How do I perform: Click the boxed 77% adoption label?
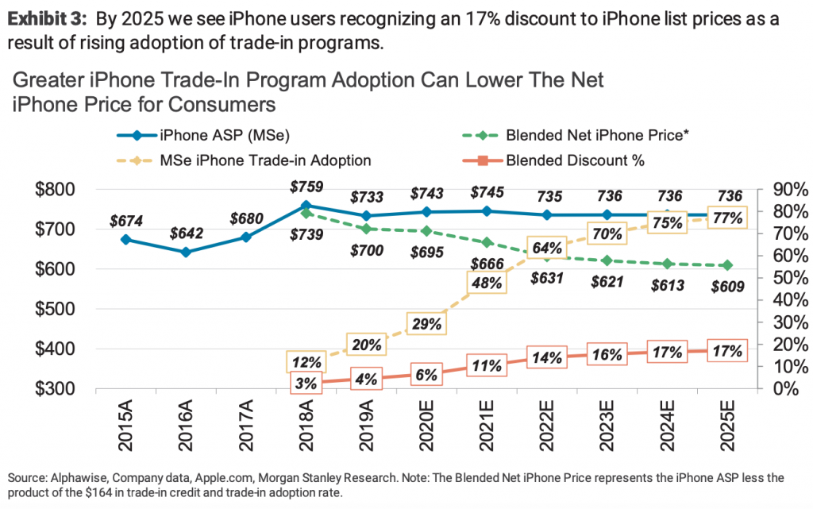coord(727,217)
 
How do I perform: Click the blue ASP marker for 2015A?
coord(125,239)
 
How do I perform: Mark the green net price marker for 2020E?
coord(426,231)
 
